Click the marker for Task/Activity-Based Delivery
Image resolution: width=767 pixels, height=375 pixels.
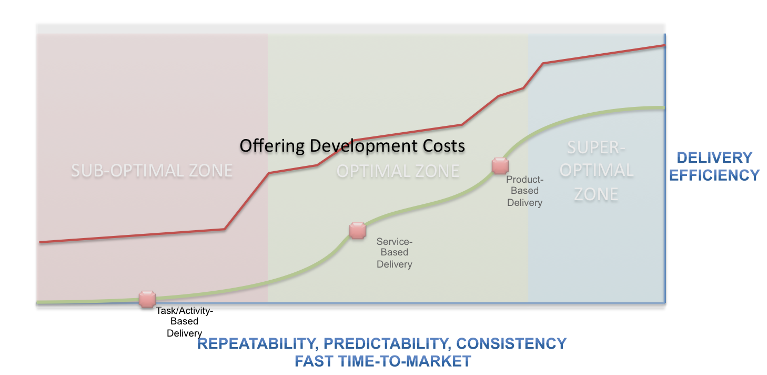[x=147, y=299]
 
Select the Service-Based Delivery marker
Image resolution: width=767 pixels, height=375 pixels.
[x=358, y=231]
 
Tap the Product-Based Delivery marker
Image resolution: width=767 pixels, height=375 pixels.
[x=500, y=166]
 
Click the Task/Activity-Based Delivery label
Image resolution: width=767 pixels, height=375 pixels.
[x=185, y=321]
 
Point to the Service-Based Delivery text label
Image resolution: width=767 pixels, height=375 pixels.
[x=395, y=253]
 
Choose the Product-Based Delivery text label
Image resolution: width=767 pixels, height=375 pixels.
[x=525, y=191]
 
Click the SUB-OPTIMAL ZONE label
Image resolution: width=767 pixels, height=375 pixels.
[x=152, y=171]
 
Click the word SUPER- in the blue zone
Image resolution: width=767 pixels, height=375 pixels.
[x=596, y=148]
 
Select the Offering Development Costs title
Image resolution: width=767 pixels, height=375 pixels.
[x=352, y=146]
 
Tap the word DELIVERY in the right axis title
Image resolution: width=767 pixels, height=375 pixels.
[x=714, y=157]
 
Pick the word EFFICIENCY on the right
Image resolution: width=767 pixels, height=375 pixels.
[x=714, y=175]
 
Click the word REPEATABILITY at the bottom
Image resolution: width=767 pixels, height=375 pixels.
[x=256, y=344]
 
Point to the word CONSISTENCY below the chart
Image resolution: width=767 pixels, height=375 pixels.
[x=511, y=343]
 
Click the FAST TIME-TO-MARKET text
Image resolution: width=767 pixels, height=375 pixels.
[x=383, y=361]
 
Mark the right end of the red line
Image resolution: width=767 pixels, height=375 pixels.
[x=665, y=45]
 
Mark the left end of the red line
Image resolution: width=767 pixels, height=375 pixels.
[x=40, y=242]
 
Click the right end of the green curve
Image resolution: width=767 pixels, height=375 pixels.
[x=664, y=108]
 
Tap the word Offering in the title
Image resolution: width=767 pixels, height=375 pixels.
[x=272, y=146]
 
